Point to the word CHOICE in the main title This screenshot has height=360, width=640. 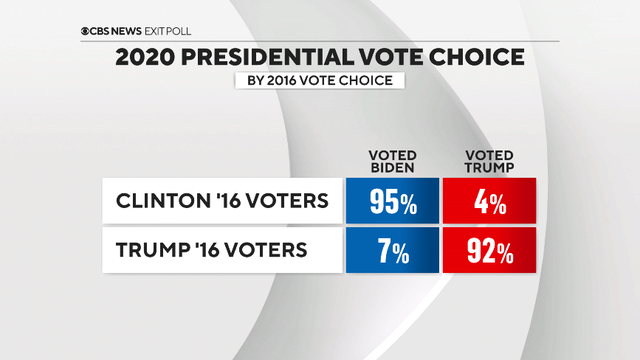click(475, 57)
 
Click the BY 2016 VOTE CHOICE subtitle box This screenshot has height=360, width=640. click(319, 80)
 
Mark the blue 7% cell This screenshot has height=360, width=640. click(392, 252)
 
